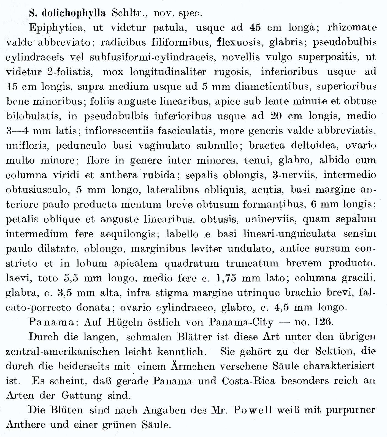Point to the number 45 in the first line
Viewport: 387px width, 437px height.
coord(257,28)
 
